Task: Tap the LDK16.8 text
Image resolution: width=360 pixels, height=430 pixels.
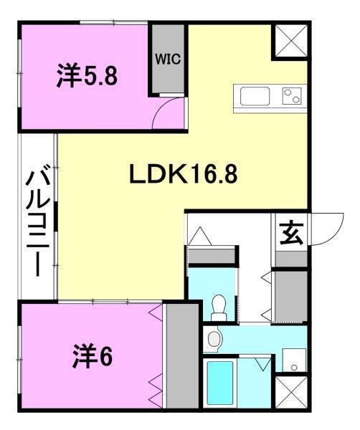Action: pos(183,174)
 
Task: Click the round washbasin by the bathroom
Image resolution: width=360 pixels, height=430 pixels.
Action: pos(214,338)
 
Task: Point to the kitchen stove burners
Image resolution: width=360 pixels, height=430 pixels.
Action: pos(290,95)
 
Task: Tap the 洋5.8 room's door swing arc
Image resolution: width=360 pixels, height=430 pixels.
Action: pos(170,112)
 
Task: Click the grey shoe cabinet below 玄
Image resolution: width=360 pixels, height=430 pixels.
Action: pos(290,294)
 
